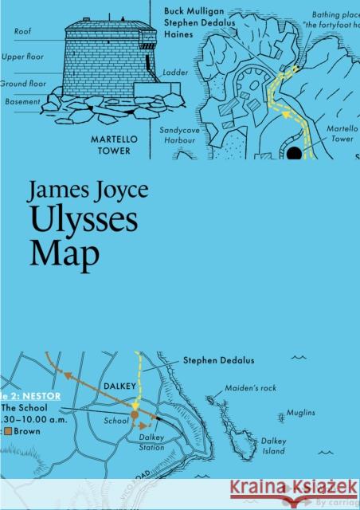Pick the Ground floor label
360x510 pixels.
[22, 82]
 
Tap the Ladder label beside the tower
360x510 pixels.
[174, 72]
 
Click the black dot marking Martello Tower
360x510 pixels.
[294, 152]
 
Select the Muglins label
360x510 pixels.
[302, 412]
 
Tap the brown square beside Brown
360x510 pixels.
[6, 431]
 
